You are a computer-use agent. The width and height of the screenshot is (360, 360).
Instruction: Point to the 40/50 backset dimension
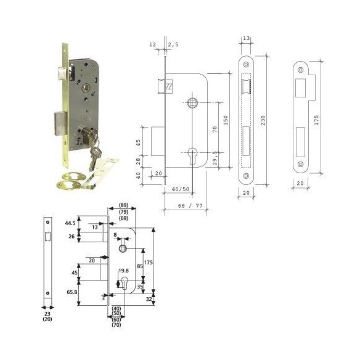point(181,189)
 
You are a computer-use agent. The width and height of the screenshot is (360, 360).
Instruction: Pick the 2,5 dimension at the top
point(174,44)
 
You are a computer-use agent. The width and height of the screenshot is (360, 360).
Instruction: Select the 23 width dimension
point(47,314)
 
